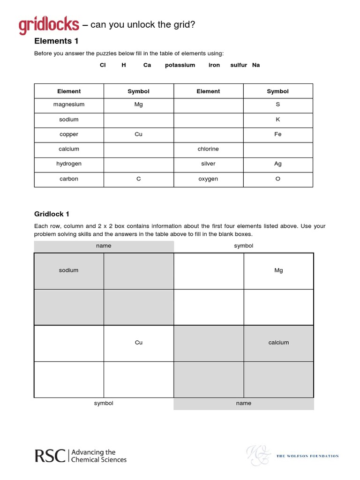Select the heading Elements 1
click(x=53, y=41)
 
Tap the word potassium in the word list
click(x=180, y=65)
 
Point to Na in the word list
click(x=256, y=65)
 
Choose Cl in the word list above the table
click(x=103, y=65)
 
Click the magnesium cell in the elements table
click(x=69, y=105)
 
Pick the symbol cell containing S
click(x=278, y=105)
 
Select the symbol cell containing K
click(x=278, y=120)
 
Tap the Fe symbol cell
click(x=278, y=134)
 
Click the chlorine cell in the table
click(x=208, y=149)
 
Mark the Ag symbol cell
click(x=278, y=164)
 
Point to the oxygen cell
click(x=208, y=179)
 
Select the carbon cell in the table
click(x=69, y=179)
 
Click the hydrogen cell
click(x=69, y=164)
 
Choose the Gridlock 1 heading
click(x=52, y=214)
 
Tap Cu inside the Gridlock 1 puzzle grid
click(x=139, y=343)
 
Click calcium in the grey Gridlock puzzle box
click(x=278, y=343)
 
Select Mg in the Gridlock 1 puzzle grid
click(x=278, y=270)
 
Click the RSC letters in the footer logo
click(x=50, y=456)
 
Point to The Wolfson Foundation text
click(x=307, y=456)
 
